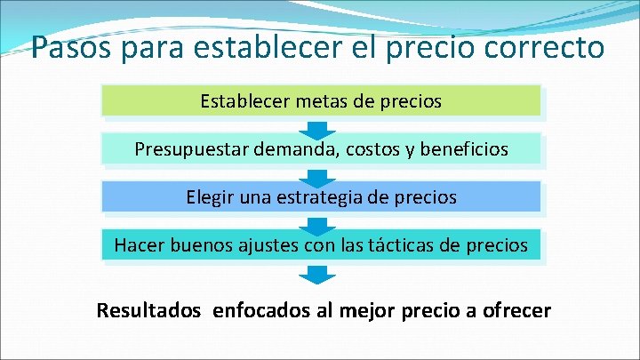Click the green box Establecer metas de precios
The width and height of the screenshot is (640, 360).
[321, 101]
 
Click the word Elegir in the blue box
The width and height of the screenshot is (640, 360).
[211, 197]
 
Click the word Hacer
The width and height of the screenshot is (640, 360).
[139, 244]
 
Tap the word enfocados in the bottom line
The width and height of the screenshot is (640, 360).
[259, 311]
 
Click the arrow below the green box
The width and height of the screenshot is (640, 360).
[321, 126]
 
